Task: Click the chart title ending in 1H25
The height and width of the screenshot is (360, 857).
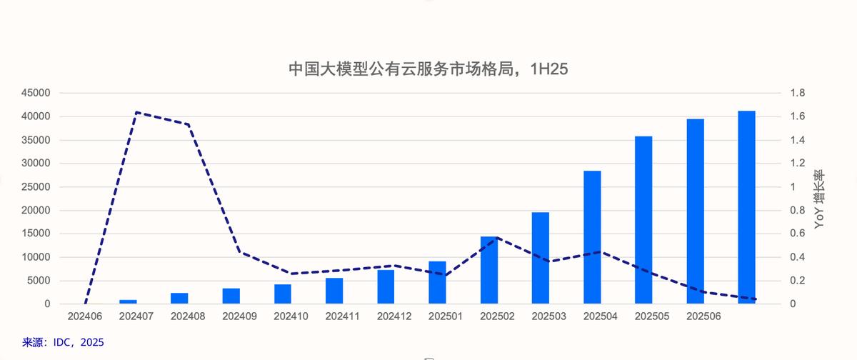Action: click(428, 69)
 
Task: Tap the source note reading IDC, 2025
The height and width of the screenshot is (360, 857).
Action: click(63, 343)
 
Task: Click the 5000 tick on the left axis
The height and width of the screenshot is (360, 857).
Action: click(39, 281)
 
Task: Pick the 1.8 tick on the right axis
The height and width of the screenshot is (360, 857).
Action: click(797, 93)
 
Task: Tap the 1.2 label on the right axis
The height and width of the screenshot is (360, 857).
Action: click(797, 164)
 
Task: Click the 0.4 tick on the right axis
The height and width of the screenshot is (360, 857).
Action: click(797, 257)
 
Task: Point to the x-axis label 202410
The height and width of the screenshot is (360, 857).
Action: click(291, 315)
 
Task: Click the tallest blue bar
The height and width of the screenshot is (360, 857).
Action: click(746, 207)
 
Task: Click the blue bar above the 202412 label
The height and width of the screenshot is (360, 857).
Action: click(386, 286)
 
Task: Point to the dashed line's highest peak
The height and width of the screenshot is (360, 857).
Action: click(136, 112)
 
